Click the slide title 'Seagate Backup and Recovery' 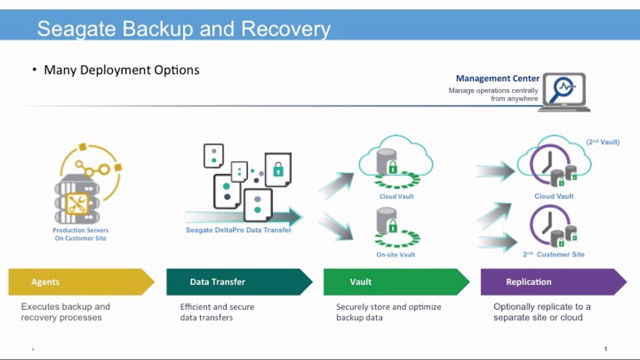click(x=183, y=28)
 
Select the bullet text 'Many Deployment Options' click(x=121, y=70)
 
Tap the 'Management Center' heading click(x=497, y=78)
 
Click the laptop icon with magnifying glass click(x=563, y=92)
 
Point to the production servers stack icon click(x=77, y=198)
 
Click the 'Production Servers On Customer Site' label click(x=80, y=234)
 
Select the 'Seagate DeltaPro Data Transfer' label click(x=238, y=230)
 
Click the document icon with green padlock click(x=277, y=169)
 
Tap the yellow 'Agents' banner click(x=80, y=282)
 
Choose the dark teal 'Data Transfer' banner click(x=238, y=282)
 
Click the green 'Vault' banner click(x=395, y=282)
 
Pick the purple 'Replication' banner click(x=552, y=282)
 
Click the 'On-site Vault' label click(x=396, y=254)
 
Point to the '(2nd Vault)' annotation click(x=602, y=142)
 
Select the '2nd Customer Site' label click(x=553, y=254)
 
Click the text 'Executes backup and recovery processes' click(x=65, y=312)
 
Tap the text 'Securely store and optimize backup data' click(x=388, y=312)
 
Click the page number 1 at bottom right click(x=605, y=349)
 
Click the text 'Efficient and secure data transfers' click(x=217, y=312)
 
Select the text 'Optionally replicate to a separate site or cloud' click(x=541, y=312)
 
